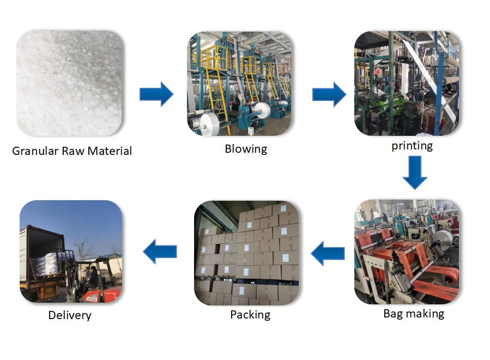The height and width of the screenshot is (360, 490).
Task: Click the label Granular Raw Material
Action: point(72,151)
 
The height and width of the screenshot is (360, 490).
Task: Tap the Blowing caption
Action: point(246,149)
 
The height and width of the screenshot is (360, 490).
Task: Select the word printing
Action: point(412,146)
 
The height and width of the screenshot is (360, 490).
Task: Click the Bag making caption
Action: point(414,314)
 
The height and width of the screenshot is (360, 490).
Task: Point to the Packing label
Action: point(250,315)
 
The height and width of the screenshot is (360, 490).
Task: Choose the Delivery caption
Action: point(70,315)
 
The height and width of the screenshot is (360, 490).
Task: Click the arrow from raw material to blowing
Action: point(156,94)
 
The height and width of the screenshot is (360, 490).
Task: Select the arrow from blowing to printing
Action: point(329,94)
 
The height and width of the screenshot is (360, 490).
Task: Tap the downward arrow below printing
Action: point(414,172)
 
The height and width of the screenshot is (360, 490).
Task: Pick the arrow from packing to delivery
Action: point(160,251)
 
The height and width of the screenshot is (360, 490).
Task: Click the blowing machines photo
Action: point(240,83)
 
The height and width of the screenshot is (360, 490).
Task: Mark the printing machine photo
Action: point(407,83)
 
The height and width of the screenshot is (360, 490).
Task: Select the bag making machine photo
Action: point(407,252)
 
